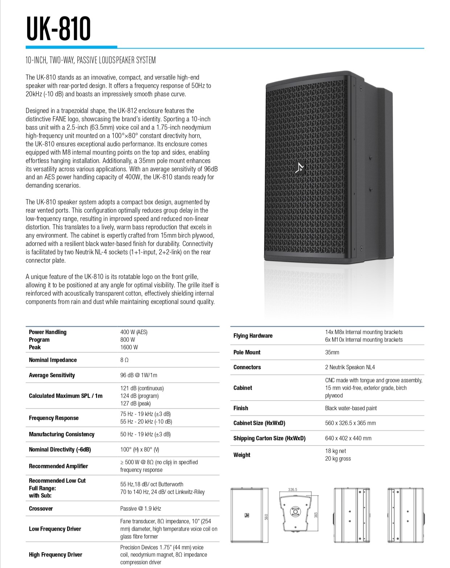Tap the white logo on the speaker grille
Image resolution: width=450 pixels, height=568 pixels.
tap(300, 167)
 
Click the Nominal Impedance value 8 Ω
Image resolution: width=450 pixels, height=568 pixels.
tap(124, 360)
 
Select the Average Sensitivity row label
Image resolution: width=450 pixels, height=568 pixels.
tap(52, 375)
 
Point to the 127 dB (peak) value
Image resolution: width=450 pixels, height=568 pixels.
tap(135, 403)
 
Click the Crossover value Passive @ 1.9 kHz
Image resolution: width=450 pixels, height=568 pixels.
tap(141, 509)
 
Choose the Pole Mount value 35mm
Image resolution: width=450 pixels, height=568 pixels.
tap(332, 352)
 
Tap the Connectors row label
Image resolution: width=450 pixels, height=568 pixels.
tap(247, 367)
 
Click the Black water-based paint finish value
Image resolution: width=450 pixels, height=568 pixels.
tap(351, 408)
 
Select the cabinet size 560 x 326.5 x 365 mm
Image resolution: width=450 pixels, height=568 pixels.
tap(350, 423)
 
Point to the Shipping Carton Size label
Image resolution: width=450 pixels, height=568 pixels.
tap(269, 438)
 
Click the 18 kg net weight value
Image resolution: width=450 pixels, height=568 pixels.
tap(335, 451)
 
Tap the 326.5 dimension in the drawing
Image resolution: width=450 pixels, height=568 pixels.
tap(292, 490)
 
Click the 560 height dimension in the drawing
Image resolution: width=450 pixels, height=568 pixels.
tap(267, 517)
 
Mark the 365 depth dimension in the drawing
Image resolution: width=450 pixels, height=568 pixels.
tap(315, 515)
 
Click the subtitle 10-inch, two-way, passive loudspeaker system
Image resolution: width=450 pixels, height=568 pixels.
tap(91, 60)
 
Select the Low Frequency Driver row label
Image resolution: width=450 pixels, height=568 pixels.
tap(55, 529)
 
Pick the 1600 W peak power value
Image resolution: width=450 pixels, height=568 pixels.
tap(129, 347)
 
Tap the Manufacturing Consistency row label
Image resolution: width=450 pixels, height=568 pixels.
tap(62, 434)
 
